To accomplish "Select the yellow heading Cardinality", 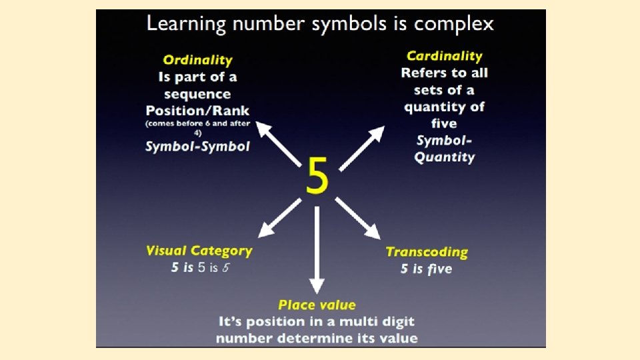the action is [444, 56].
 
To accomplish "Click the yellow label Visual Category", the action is [199, 251].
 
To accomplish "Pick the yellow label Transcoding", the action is [427, 252].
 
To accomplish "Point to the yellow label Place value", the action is [317, 305].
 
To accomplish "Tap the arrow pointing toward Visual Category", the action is [280, 217].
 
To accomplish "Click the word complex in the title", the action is [454, 25].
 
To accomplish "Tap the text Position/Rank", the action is [197, 110].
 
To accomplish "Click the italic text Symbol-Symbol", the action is [197, 147].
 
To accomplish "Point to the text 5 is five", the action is [426, 269].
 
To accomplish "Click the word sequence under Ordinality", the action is [197, 94].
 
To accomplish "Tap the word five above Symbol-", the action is [444, 123].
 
